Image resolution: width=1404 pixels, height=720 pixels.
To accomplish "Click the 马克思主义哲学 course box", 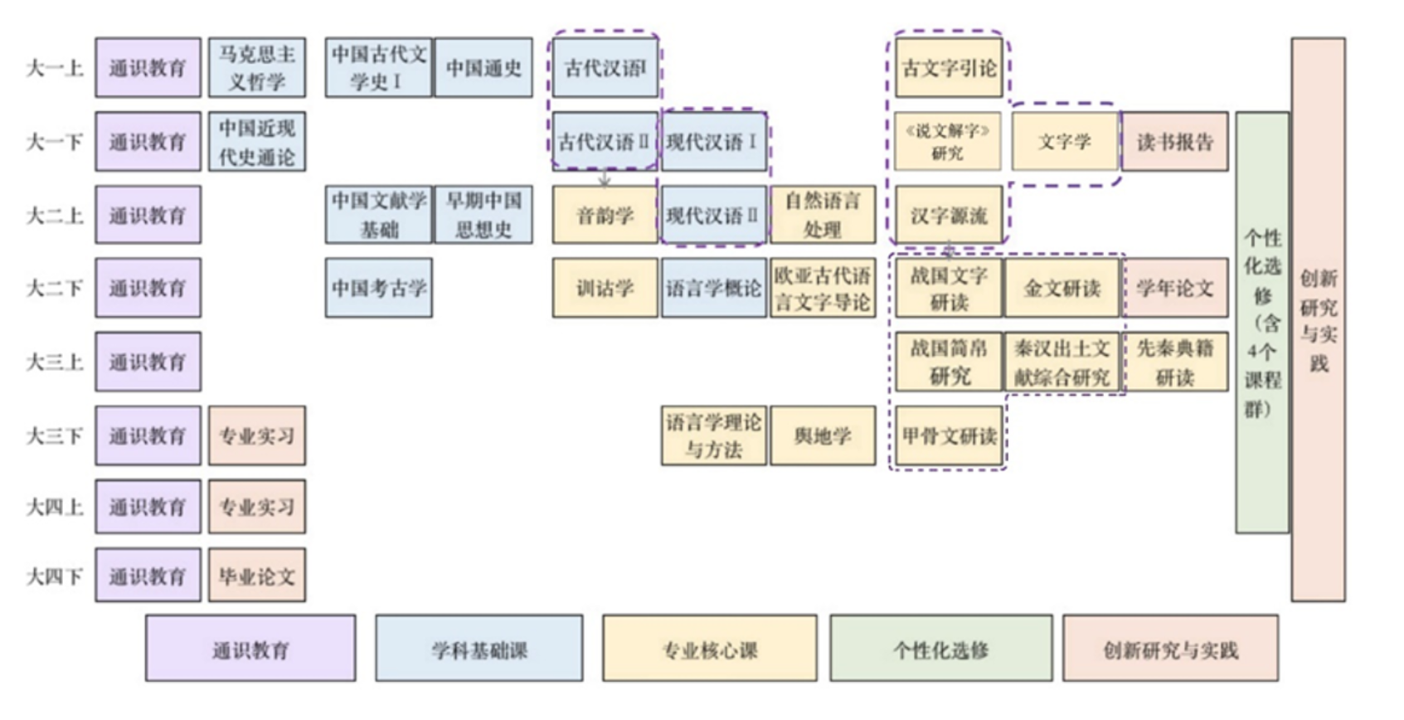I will tap(256, 67).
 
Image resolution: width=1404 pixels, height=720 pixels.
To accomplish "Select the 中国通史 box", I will tap(483, 67).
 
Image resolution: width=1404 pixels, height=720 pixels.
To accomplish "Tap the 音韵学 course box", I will tap(605, 215).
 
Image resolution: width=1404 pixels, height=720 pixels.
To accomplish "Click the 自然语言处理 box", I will tap(823, 215).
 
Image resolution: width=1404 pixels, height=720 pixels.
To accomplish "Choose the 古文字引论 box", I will tap(949, 67).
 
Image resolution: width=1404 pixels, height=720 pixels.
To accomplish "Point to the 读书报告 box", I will tap(1174, 142).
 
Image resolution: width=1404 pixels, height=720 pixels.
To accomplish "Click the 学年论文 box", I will tap(1174, 288).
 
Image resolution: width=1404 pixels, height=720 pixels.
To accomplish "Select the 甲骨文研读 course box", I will tap(949, 435).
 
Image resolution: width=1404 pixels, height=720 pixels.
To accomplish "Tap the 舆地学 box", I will tap(823, 435).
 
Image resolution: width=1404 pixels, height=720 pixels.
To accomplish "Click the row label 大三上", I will tap(55, 362).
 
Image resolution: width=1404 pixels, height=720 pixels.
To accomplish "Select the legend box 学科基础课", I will tap(479, 649).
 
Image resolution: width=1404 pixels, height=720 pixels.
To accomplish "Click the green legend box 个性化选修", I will tap(940, 649).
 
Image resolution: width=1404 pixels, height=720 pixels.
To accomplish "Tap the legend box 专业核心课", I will tap(709, 649).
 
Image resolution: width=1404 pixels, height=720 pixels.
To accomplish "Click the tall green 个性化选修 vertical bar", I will tap(1262, 323).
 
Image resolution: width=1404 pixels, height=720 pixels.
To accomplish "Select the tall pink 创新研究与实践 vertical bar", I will tap(1318, 319).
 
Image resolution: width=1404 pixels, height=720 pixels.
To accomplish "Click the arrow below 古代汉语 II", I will tap(605, 179).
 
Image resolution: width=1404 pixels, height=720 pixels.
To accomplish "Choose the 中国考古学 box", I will tap(379, 288).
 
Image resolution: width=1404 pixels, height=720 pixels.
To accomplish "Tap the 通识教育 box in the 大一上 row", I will tap(148, 67).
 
